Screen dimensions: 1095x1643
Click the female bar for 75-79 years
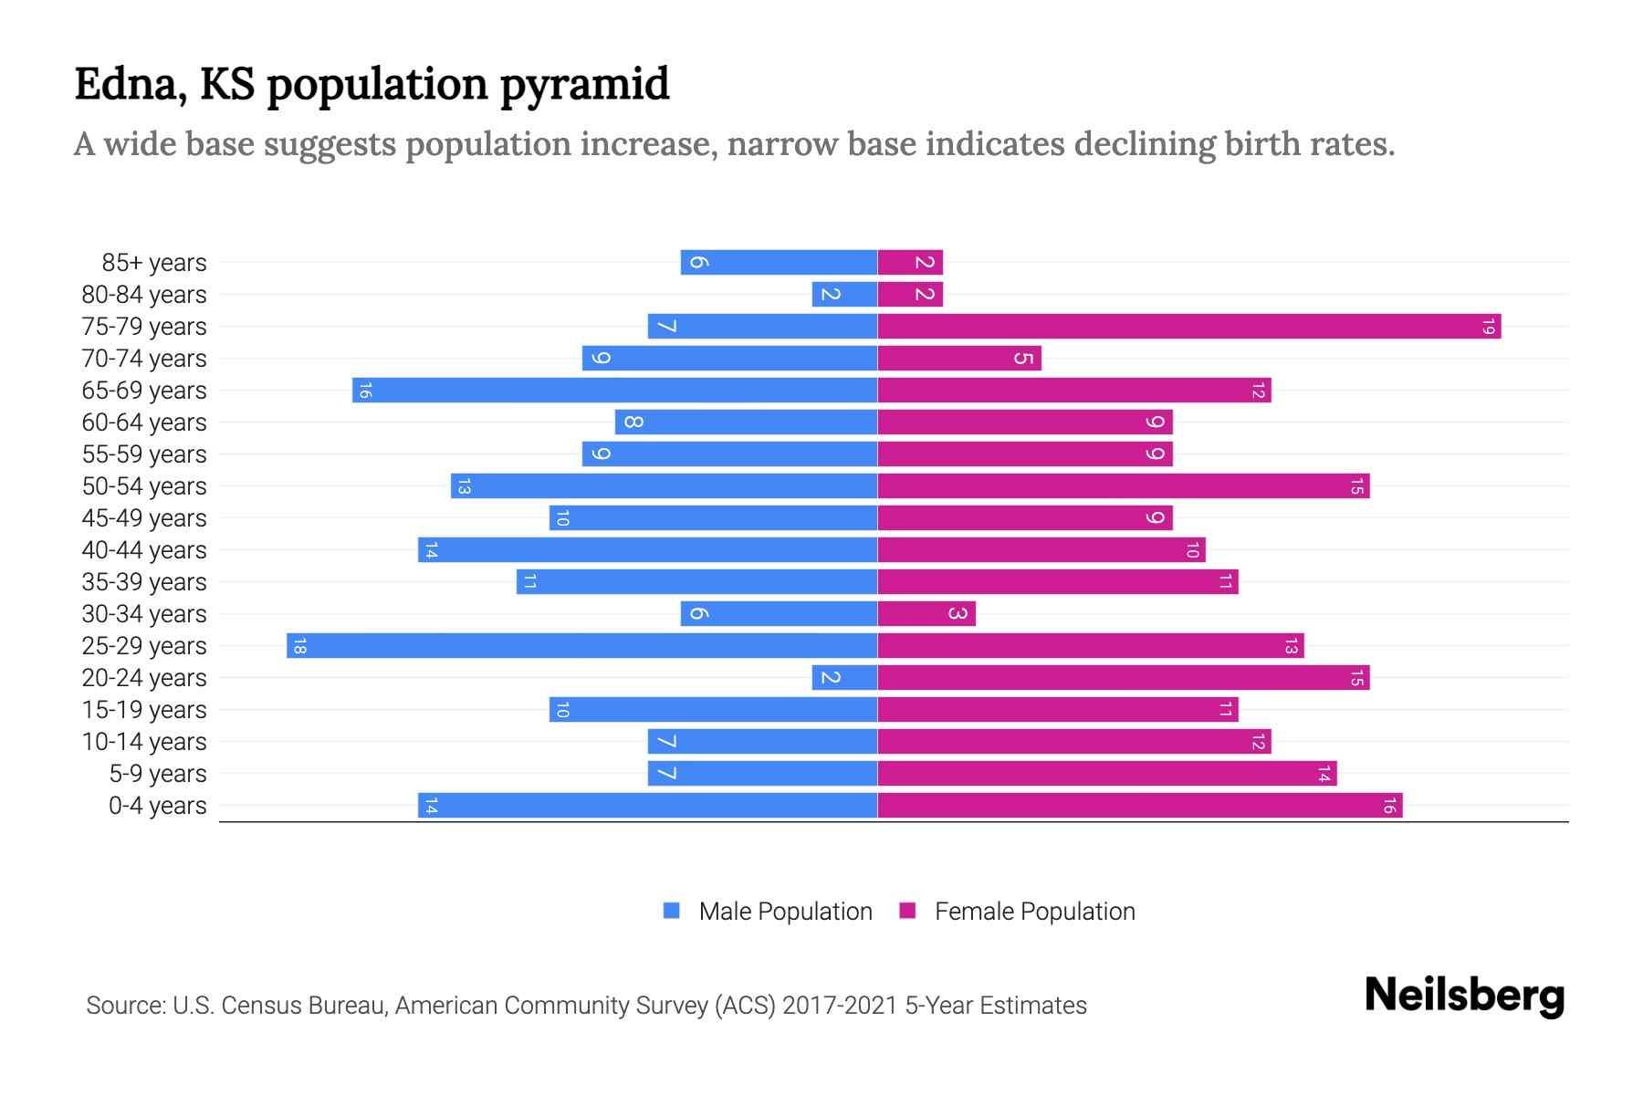click(1188, 326)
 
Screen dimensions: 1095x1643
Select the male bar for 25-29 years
click(581, 645)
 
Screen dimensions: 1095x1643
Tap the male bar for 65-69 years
click(614, 390)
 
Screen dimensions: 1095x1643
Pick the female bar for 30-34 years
click(926, 613)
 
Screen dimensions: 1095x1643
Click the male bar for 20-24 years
click(844, 677)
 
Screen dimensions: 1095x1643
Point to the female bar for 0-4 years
click(1139, 805)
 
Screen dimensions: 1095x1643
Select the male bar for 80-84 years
click(844, 294)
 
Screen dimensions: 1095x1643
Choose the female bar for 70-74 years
click(959, 358)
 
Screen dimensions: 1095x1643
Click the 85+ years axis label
click(154, 263)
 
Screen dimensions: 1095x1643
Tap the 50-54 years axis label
click(144, 486)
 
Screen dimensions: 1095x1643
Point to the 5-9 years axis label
click(158, 774)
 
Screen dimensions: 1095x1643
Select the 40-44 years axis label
click(144, 550)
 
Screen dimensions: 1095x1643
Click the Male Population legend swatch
click(672, 911)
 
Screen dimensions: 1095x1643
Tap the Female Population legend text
click(1034, 911)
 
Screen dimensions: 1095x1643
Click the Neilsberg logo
click(1464, 996)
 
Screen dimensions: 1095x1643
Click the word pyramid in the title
click(584, 84)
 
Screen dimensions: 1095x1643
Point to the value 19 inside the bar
click(1488, 326)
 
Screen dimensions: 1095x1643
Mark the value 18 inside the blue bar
click(299, 646)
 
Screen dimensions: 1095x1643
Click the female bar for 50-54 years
click(1123, 485)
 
